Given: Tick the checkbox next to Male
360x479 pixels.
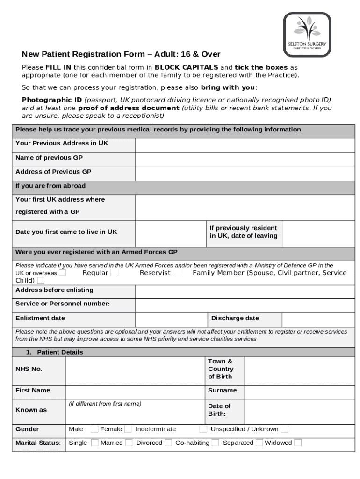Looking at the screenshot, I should point(94,429).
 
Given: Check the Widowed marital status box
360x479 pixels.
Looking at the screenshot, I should point(298,443).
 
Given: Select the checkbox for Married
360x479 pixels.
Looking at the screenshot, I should point(129,443).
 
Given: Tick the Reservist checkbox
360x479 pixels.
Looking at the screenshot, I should point(176,273).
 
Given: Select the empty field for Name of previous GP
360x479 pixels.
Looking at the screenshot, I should point(245,160).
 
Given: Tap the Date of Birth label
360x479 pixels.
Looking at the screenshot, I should point(219,410).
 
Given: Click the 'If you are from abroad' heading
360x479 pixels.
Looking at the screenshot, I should point(50,186).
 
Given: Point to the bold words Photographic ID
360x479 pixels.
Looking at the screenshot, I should point(52,100).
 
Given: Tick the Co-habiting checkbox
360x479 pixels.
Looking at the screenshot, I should point(216,443).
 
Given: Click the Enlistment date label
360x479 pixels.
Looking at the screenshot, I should point(40,319).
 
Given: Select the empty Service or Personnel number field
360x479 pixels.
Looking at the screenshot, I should point(245,305).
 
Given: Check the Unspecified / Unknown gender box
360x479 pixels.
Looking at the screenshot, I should point(284,429).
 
